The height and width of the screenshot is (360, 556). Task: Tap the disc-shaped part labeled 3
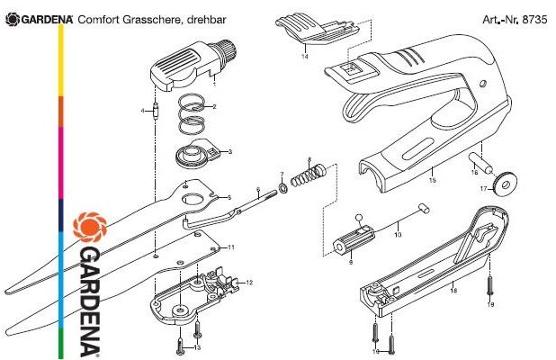(194, 156)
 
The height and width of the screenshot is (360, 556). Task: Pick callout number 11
(231, 247)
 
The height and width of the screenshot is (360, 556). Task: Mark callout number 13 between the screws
(198, 346)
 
